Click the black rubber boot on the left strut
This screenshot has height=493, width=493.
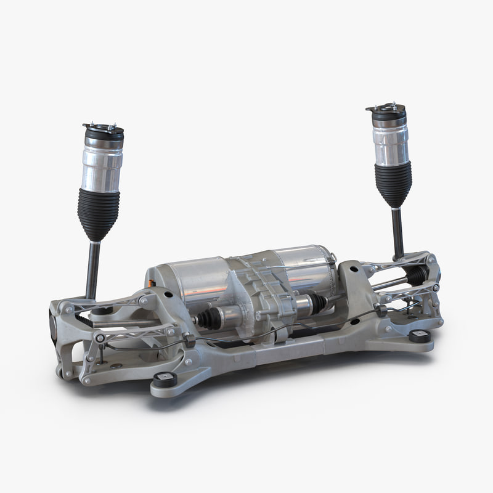point(99,213)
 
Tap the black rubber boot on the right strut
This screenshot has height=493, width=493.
point(393,182)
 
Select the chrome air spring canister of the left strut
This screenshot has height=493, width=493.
point(102,163)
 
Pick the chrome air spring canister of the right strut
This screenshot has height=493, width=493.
point(390,141)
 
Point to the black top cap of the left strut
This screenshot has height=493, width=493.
point(103,132)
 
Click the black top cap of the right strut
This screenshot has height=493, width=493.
point(387,113)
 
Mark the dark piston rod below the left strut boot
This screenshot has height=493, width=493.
point(93,268)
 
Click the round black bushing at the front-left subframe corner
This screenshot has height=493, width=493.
point(165,380)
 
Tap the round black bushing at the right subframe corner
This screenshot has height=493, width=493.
point(420,336)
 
